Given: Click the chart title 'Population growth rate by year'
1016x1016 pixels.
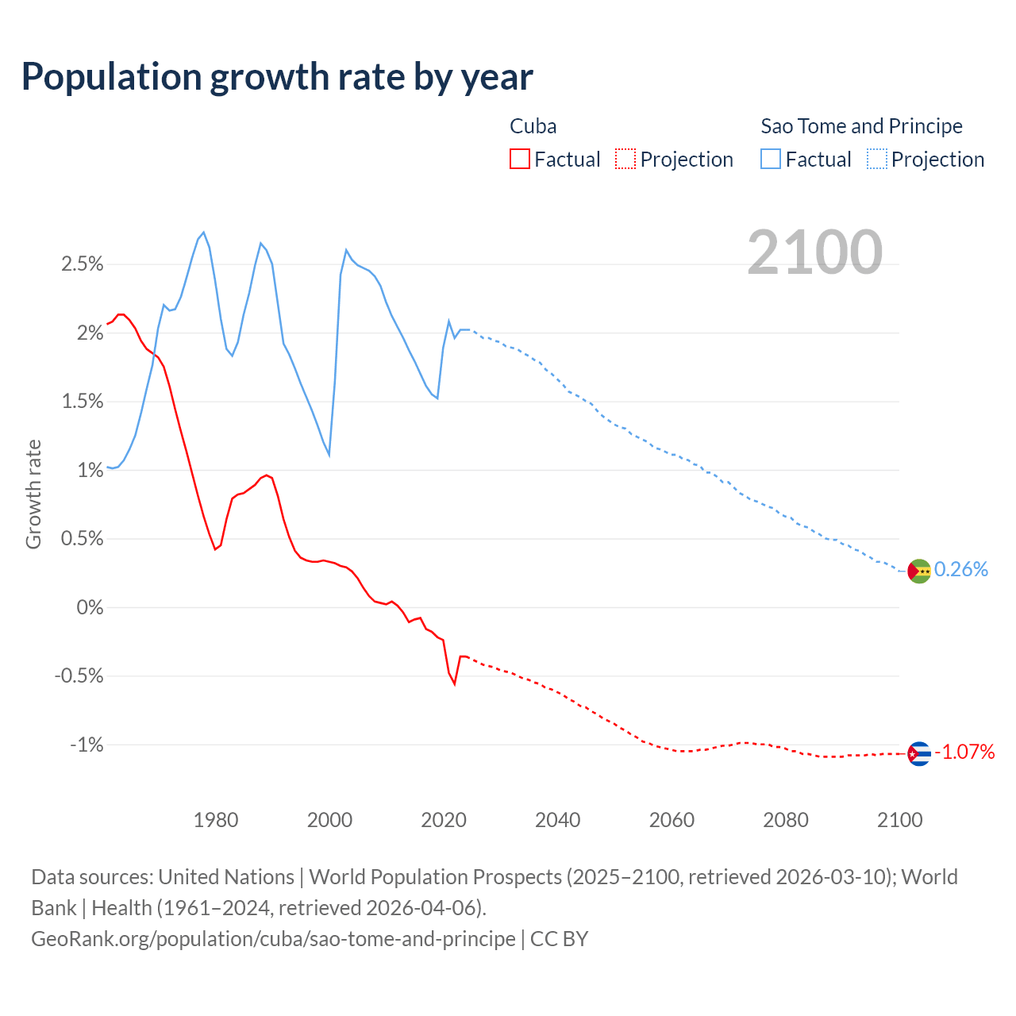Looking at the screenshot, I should coord(277,77).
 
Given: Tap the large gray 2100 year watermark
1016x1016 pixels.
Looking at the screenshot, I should coord(814,252).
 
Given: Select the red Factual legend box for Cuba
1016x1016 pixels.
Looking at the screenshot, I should coord(520,159).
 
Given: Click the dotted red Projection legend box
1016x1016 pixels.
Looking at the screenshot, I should coord(625,159).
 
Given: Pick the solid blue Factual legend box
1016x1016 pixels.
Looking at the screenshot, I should coord(771,159).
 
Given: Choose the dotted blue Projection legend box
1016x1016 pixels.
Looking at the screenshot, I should coord(877,159).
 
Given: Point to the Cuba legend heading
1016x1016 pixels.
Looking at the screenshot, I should coord(533,126).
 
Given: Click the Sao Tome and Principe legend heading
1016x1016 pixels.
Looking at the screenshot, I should coord(861,126).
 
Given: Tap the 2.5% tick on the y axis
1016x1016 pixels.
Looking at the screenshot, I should coord(83,264).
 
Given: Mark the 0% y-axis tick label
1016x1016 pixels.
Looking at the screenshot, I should coord(90,608).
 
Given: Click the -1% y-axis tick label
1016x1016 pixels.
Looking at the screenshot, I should coord(87,745).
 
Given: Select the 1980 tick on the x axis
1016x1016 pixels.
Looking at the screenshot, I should coord(216,820).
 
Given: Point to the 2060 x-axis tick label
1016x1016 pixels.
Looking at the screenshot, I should coord(672,820).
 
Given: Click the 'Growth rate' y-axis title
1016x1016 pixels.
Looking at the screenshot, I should coord(33,494).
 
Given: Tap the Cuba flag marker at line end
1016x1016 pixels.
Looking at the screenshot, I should coord(919,753).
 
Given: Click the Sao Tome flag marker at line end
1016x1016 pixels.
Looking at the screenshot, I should coord(919,571).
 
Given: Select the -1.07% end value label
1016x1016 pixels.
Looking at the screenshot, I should coord(964,752).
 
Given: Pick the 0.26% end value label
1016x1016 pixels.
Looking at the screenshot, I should coord(961,569).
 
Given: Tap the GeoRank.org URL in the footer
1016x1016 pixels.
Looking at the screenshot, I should coord(273,939).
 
